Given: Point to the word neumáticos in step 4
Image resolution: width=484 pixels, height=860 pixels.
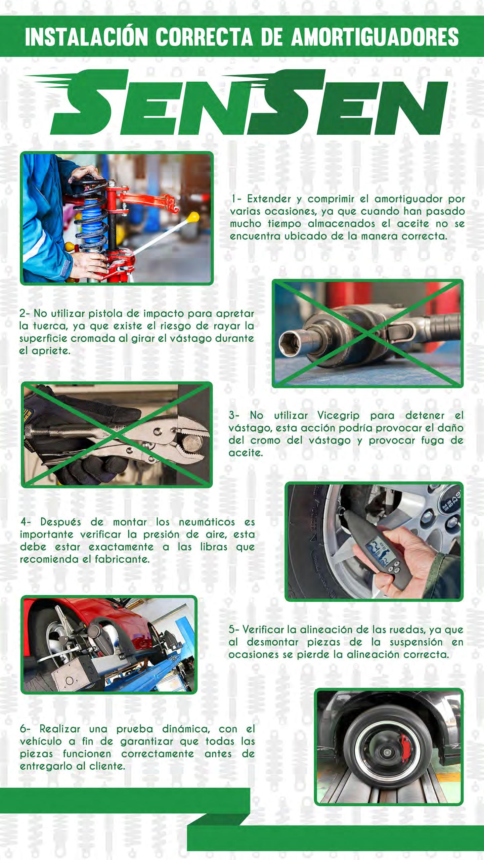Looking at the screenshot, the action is click(x=207, y=522).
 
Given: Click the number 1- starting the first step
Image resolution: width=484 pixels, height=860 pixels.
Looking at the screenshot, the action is click(x=236, y=199).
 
